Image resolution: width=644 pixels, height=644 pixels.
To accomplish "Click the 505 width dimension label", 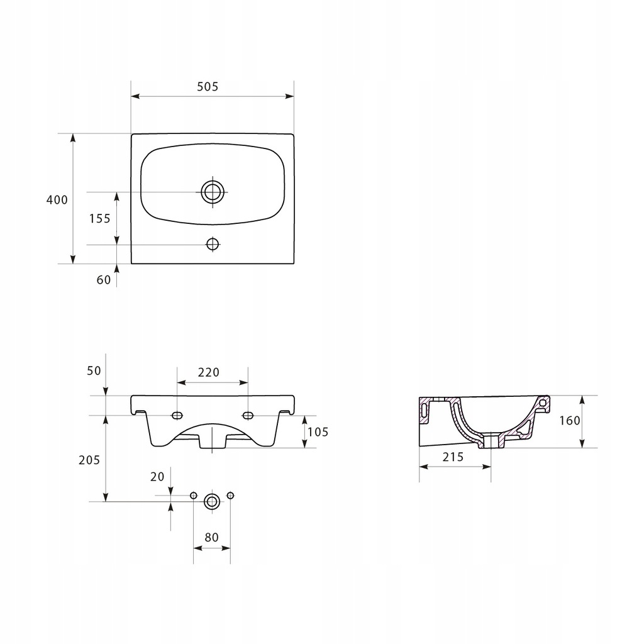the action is pos(208,87).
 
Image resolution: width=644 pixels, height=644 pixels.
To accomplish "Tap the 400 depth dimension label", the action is pos(57,200).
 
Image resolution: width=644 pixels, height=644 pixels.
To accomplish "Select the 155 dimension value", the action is pos(100,218).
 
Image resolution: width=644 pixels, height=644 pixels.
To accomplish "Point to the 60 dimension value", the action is pos(104,280).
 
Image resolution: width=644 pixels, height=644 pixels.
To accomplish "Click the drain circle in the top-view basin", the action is pos(213,191).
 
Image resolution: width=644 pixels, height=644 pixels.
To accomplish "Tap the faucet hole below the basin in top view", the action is pos(213,244).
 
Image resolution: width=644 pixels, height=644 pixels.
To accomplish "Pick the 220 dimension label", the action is pos(209,372).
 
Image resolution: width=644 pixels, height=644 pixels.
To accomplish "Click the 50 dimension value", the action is pos(94,371).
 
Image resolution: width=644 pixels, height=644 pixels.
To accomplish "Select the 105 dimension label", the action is pos(318,432).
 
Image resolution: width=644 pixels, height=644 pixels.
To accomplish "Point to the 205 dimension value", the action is pos(89,460).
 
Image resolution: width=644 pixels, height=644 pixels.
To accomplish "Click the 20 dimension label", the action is pos(157,477).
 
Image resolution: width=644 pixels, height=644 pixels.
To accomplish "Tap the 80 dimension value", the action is pos(211,537).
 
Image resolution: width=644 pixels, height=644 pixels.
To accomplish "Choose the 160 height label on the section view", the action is pos(570,421).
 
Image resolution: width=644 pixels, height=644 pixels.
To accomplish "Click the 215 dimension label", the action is pos(453,457).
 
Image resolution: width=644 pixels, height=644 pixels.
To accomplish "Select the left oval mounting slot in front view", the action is pos(177,416).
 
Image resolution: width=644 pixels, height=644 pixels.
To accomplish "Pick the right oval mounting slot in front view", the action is pos(248,416).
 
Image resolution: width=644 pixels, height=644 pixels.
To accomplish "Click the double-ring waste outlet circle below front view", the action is pos(212,501).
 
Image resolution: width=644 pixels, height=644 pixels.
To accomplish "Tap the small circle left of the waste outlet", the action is pos(194,496).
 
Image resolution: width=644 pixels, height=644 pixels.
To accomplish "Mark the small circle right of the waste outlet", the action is pos(230,496).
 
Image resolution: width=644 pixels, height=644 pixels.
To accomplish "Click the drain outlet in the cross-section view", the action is pos(491,441).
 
